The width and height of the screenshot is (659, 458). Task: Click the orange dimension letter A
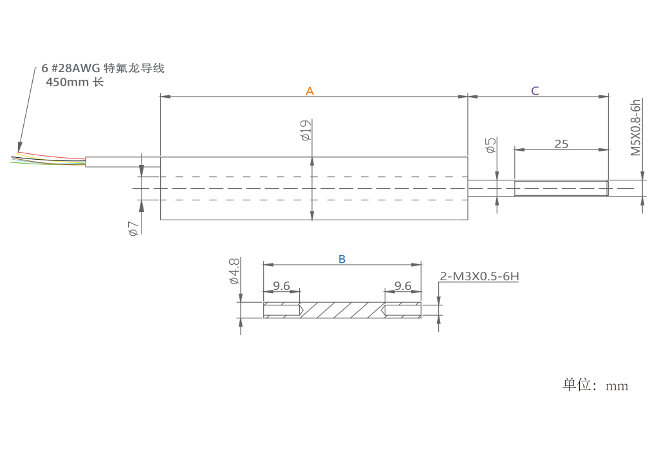coord(310,91)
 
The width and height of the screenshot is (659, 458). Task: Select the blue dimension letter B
coord(342,259)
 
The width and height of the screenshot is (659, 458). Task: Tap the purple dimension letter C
coord(535,91)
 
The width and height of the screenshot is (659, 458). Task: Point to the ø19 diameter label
coord(306,131)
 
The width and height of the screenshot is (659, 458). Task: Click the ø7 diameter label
coord(133,228)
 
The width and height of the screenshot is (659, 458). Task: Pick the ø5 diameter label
coord(490,145)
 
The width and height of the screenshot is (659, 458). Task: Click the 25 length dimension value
coord(561,144)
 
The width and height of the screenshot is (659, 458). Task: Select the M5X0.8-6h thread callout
coord(636,128)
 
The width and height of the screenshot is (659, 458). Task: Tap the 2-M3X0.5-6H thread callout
coord(479,278)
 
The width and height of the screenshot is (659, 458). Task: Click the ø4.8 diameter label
coord(234,272)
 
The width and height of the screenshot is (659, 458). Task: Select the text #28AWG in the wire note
coord(75,68)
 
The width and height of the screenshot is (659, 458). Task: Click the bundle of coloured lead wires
coord(48,158)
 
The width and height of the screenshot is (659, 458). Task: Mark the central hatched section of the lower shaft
coord(342,310)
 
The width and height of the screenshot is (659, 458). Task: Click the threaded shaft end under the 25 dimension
coord(561,188)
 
